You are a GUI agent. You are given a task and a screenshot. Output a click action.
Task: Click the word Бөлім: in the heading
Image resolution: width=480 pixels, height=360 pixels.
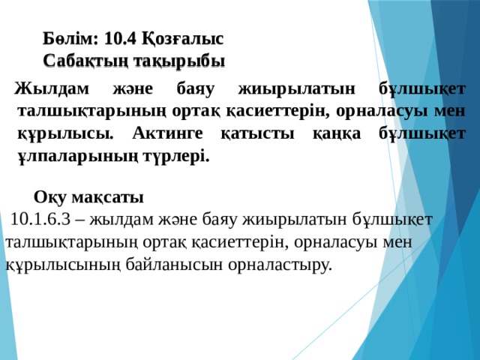pos(70,38)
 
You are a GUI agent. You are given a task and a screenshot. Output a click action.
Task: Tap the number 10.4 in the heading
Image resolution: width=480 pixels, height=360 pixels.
pos(120,38)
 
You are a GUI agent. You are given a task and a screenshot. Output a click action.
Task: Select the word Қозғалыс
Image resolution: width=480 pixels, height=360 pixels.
pos(183,39)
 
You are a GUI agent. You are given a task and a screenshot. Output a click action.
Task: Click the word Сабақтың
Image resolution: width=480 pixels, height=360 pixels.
pos(85,61)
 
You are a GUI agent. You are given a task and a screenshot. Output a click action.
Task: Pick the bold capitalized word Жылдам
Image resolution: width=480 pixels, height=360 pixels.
pos(52,89)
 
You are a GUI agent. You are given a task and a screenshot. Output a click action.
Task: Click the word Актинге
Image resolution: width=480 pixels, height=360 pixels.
pos(167,133)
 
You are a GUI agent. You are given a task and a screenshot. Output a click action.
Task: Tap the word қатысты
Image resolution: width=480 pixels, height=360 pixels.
pos(257,134)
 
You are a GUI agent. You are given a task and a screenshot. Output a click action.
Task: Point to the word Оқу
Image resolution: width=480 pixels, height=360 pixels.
pos(50,197)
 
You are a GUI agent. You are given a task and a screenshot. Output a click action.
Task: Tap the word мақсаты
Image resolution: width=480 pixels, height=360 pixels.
pos(108,198)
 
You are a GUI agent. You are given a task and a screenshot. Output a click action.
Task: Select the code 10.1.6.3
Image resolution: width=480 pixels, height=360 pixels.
pos(40,220)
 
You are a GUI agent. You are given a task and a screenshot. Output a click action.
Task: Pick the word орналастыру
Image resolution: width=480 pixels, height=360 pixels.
pos(280,265)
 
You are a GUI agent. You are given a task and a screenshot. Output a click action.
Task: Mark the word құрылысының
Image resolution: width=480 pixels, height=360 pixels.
pos(63,265)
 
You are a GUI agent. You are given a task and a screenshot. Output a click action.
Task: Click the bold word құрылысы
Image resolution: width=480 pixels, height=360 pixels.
pos(65,134)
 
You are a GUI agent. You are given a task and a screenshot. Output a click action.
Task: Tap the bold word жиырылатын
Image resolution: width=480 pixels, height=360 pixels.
pos(297,89)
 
